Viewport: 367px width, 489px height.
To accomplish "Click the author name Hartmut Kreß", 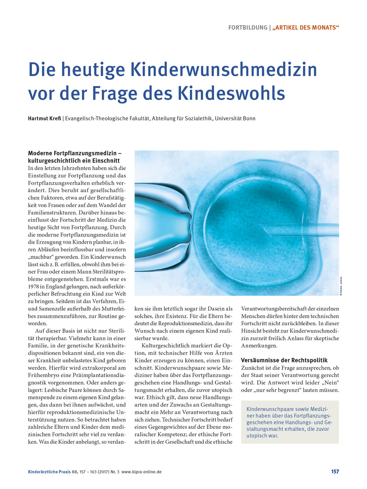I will point(45,118).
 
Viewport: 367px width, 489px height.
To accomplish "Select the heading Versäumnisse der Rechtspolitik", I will point(284,360).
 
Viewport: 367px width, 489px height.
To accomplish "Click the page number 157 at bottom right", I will point(334,471).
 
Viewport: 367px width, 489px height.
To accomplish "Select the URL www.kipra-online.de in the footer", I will point(141,471).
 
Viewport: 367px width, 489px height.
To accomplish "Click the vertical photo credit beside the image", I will point(341,284).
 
